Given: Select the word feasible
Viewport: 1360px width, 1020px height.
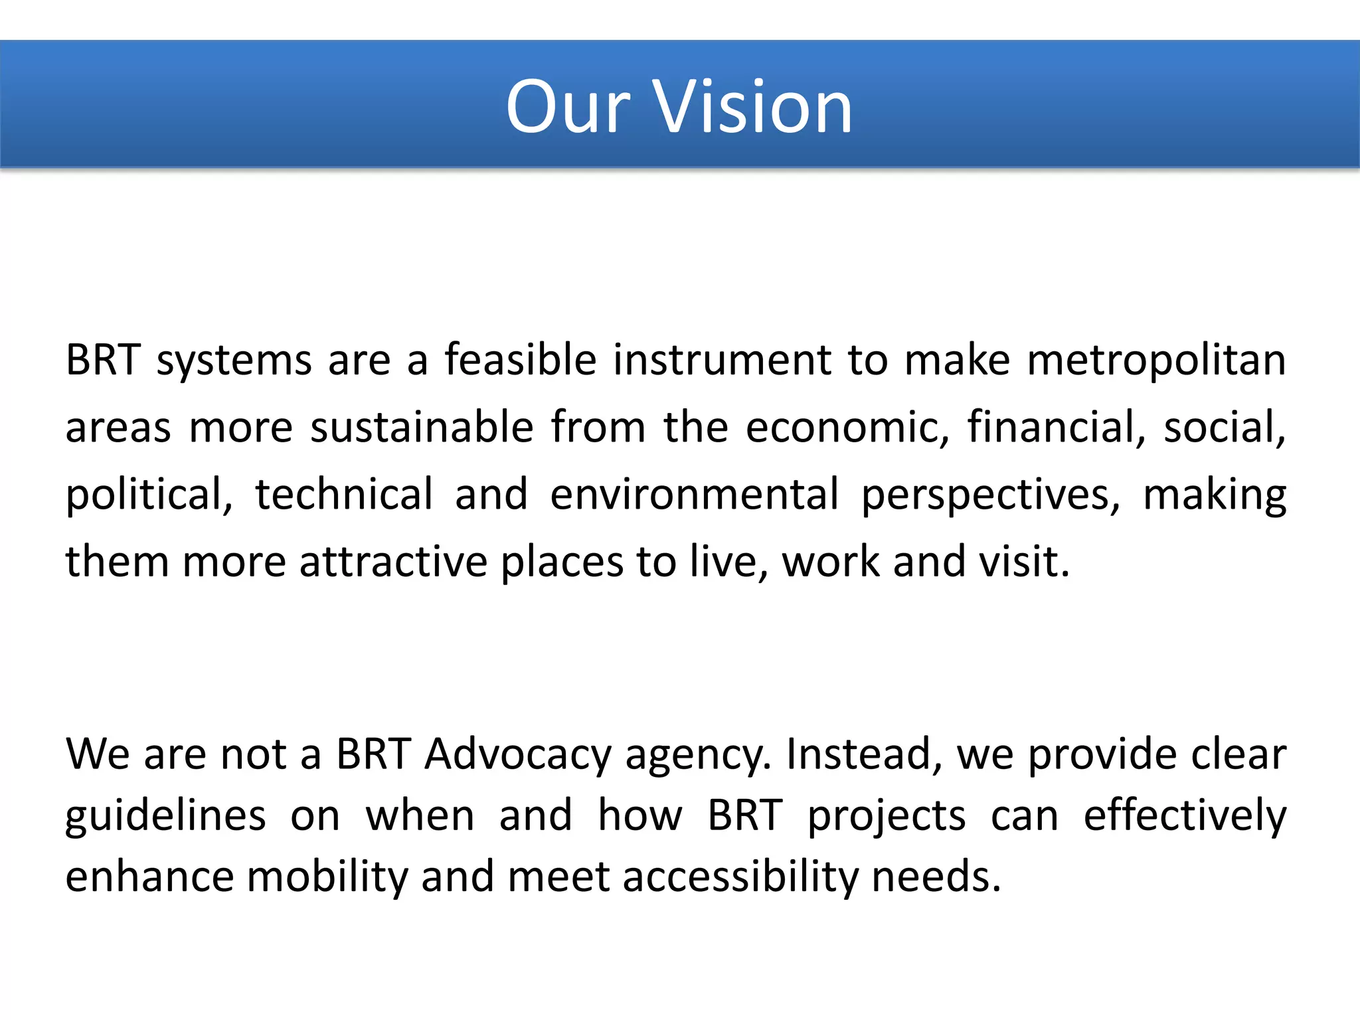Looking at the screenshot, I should tap(521, 361).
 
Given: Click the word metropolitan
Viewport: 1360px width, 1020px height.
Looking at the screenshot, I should tap(1156, 361).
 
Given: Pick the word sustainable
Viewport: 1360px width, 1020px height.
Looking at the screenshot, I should tap(422, 428).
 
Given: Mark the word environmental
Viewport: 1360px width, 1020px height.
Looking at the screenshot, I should tap(694, 495).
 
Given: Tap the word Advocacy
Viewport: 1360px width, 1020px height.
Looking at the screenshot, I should tap(518, 756).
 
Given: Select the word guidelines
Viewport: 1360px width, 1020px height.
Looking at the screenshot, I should tap(166, 817).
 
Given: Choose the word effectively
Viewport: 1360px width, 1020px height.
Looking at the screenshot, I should tap(1185, 817).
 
